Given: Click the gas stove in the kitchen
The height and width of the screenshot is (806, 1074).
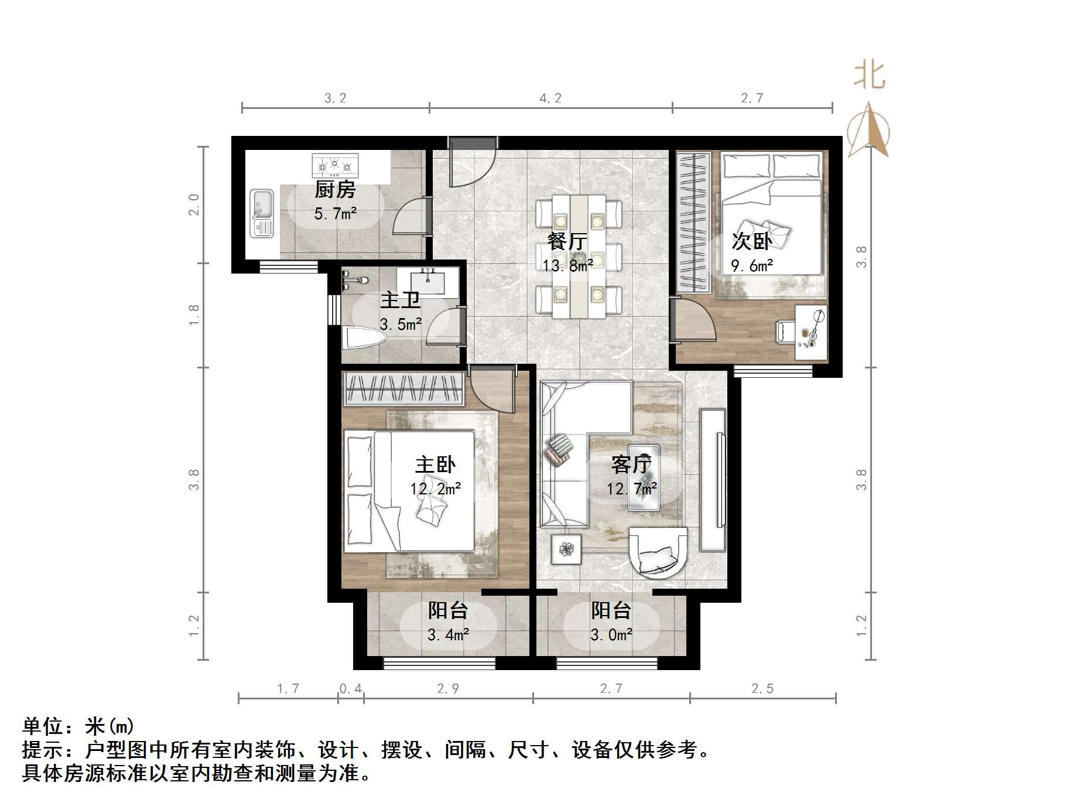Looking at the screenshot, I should coord(335,166).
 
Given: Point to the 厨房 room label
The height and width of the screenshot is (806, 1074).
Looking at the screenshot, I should coord(334,190).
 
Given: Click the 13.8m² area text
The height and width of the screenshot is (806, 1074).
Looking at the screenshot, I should coord(567,265).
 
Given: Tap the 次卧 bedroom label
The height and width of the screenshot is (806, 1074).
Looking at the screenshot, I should coord(751,241).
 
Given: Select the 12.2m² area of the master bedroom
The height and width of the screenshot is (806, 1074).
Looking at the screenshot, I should coord(435,488).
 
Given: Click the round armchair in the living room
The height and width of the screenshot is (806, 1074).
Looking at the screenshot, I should coord(658,552).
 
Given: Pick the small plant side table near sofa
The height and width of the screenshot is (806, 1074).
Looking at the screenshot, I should coord(566,549).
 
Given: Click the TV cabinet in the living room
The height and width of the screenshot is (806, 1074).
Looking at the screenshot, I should coord(713,480).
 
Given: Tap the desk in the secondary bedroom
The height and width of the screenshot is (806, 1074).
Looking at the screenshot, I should coord(810,332).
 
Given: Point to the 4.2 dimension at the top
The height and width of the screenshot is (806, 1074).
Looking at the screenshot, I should coord(550,98).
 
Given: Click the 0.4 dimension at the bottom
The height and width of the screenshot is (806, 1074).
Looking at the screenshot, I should coord(351,688).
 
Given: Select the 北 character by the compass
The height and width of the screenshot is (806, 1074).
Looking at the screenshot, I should coord(869,76).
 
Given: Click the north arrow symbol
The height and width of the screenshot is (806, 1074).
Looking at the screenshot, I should coord(870,129).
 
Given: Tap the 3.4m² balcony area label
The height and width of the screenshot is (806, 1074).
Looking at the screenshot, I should coord(448,634).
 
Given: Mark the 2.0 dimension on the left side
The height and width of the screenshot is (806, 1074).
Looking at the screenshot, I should coord(194,204).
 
